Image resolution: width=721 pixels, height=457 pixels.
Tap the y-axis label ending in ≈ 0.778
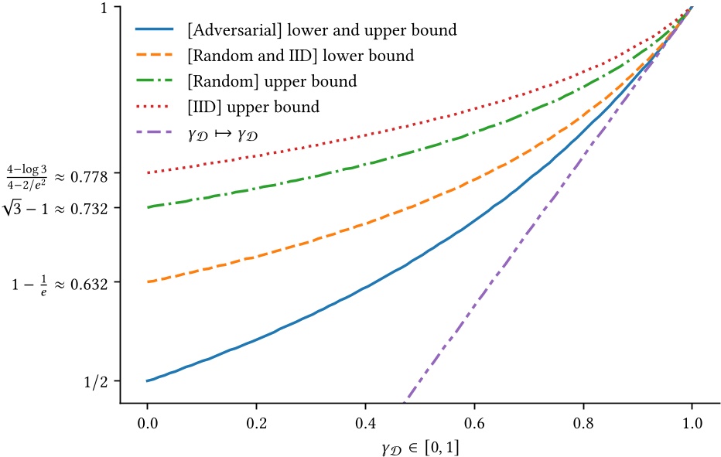(x=58, y=173)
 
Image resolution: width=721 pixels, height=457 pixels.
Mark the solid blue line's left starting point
(x=147, y=380)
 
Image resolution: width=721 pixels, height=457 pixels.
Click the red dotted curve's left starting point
(x=147, y=172)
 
